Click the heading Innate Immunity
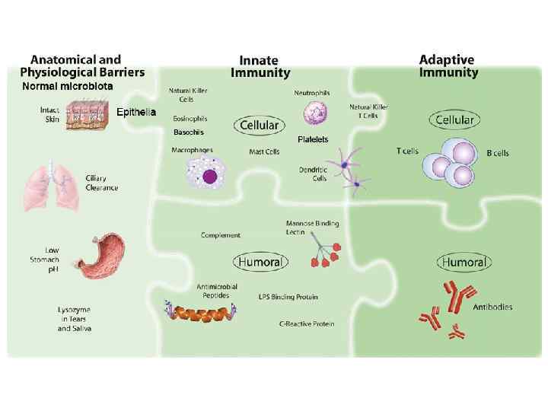tap(260, 66)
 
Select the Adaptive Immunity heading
tap(448, 65)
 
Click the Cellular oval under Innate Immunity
tap(260, 124)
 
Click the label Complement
tap(221, 235)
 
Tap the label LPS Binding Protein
tap(288, 296)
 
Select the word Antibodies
tap(492, 307)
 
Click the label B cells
tap(498, 153)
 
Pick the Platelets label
tap(313, 139)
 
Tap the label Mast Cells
tap(265, 151)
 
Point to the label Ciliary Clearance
tap(100, 183)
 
